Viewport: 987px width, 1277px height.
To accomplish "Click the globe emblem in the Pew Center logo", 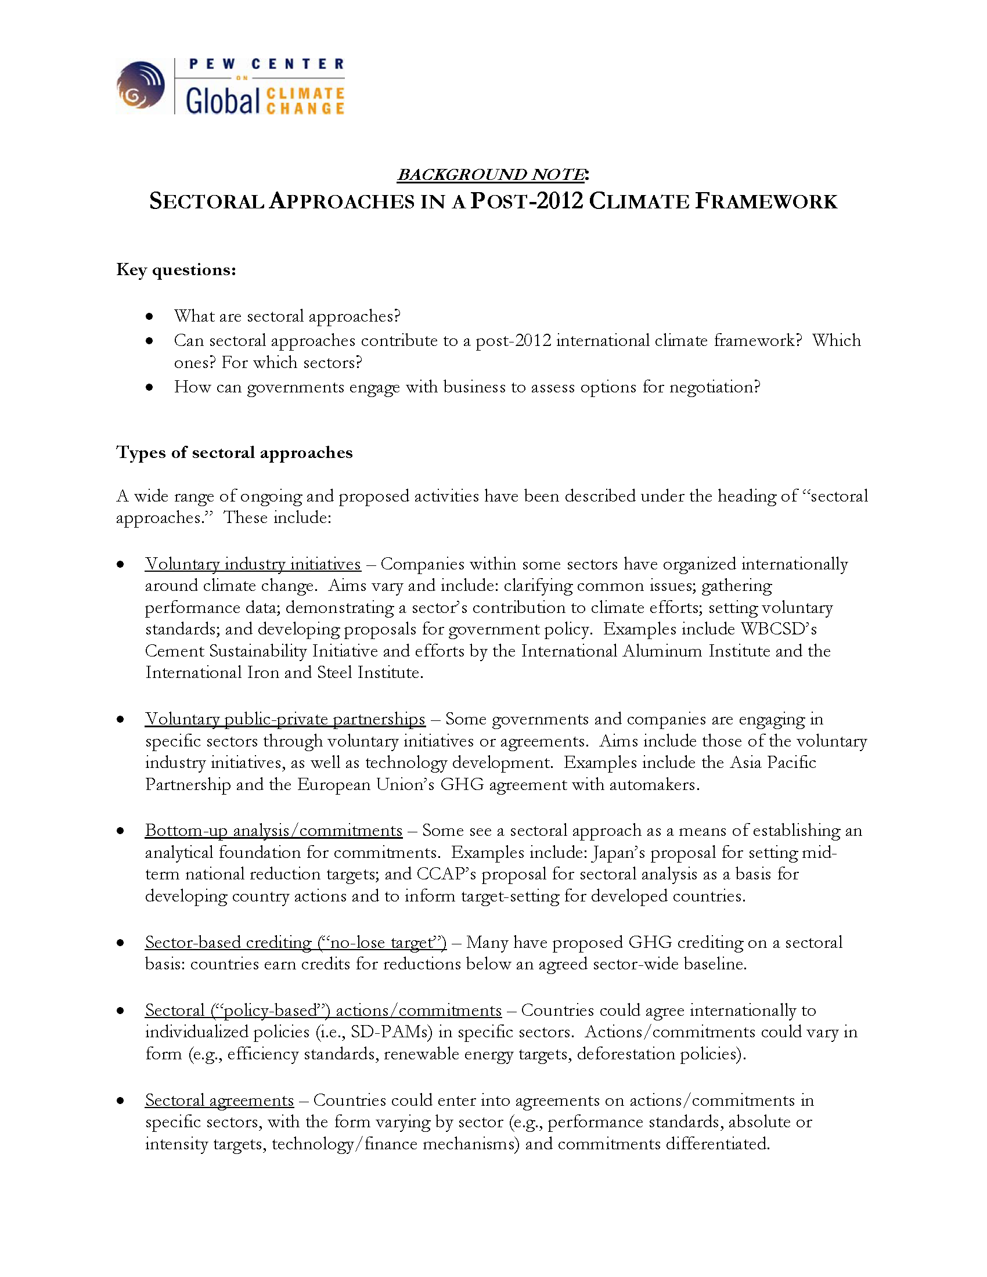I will pos(141,85).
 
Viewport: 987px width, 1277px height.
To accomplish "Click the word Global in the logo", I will pos(222,101).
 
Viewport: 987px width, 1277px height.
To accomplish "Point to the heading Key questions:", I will pos(176,269).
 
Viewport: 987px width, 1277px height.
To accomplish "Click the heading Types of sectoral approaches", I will pos(235,453).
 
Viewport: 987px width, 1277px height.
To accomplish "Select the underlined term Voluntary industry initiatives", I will pos(253,564).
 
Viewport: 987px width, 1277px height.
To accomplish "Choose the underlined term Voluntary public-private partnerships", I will pos(284,719).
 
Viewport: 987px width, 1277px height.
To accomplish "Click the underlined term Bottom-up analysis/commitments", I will pos(273,831).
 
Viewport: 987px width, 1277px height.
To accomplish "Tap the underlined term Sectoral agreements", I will pos(219,1101).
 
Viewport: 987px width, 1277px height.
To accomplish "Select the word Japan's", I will pos(619,853).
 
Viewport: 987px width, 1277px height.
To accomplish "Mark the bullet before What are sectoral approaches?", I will pos(150,316).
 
